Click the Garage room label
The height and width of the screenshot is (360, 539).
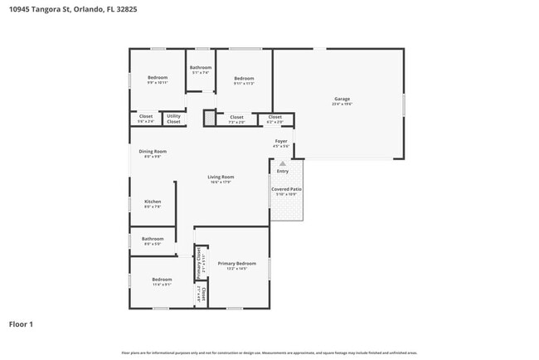point(342,99)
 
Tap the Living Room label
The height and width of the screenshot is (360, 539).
point(221,177)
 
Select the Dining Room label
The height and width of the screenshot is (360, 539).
point(153,151)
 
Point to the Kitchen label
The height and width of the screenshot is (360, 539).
point(153,202)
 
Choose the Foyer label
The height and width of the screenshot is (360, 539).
point(281,142)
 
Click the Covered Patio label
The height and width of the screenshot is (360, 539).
point(286,190)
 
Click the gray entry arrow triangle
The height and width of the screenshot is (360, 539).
point(282,163)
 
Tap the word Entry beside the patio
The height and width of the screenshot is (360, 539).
point(283,172)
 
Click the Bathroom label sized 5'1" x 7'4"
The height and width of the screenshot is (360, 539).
point(200,67)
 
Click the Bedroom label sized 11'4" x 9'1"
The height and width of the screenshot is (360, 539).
point(162,280)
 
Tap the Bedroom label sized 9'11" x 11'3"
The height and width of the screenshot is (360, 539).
point(244,78)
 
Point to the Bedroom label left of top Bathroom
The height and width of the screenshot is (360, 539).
point(157,78)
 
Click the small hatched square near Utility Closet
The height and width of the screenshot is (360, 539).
point(209,119)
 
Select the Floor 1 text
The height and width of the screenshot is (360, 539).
point(21,324)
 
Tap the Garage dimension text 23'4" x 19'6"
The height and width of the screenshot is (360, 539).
point(342,105)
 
